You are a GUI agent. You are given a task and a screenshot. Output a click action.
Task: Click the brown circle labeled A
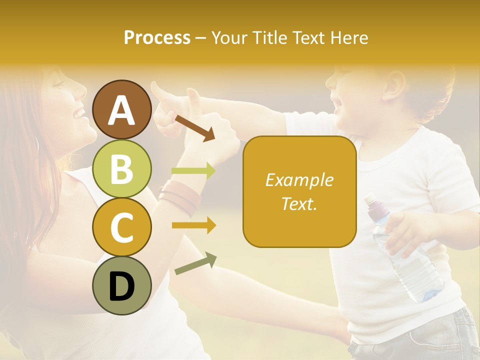point(121,110)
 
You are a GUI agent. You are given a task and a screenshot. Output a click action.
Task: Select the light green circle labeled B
point(121,168)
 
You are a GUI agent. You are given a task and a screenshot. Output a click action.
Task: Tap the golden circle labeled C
point(121,227)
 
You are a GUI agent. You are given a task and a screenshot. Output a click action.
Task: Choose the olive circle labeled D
point(121,285)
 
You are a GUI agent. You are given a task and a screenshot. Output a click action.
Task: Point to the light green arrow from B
point(193,171)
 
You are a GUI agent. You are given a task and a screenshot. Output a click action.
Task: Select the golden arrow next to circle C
point(193,225)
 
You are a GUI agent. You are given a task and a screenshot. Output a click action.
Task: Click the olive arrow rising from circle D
point(195,263)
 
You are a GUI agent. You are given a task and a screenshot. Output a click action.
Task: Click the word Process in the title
point(157,38)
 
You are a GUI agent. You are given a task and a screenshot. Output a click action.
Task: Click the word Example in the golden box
point(299,180)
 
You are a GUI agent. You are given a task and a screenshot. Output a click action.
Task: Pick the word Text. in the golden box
point(299,203)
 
